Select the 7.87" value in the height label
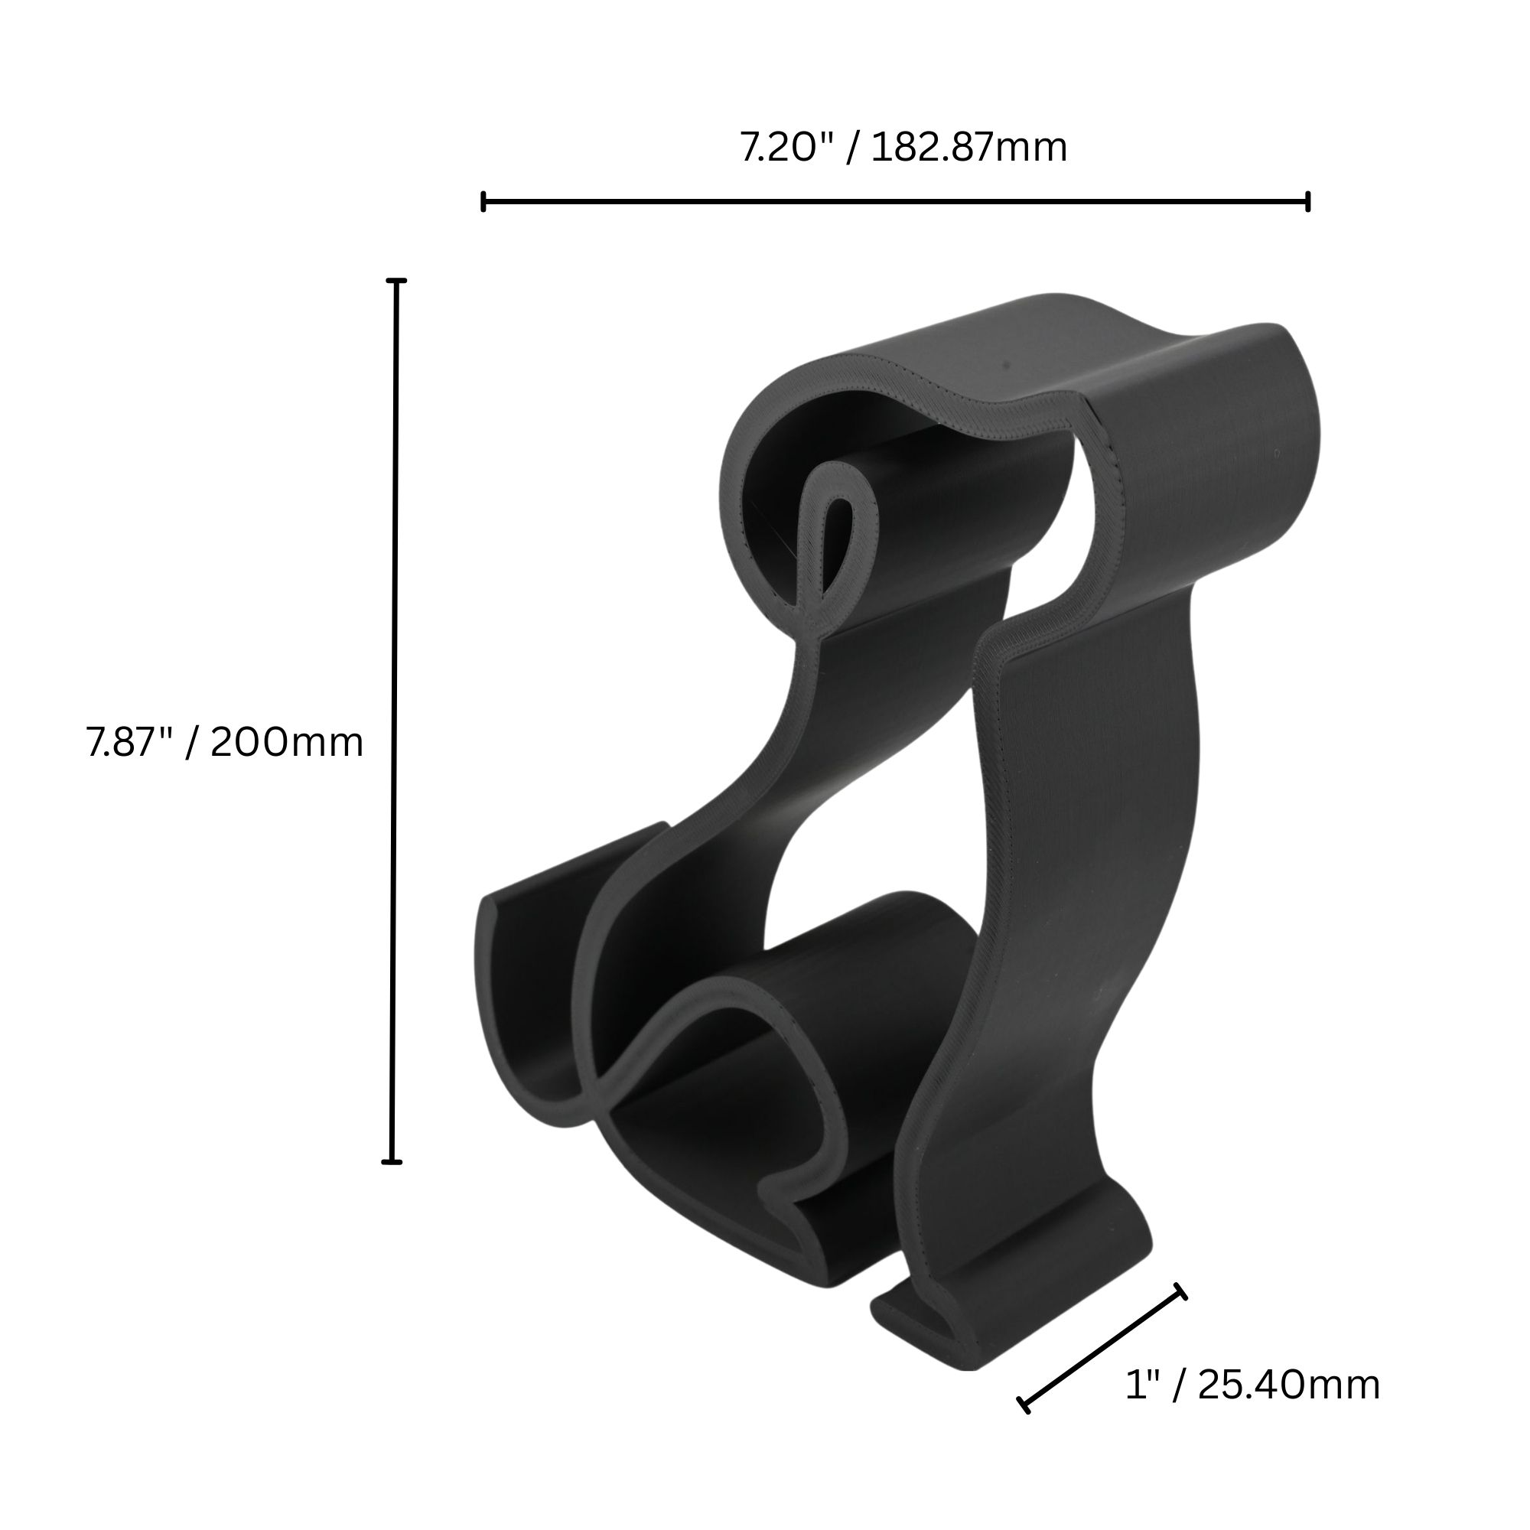(x=129, y=742)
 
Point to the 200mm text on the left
(x=287, y=742)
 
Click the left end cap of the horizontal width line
(x=483, y=201)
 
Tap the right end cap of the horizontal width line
(x=1307, y=201)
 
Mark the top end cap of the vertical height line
(x=397, y=281)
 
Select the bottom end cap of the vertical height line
(x=392, y=1162)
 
